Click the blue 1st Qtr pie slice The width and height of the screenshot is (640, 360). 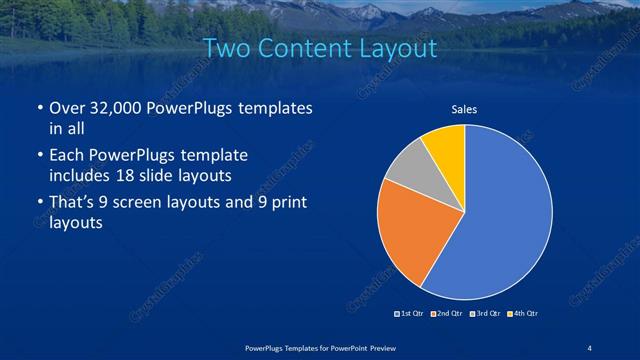pos(505,215)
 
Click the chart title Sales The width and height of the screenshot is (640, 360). pos(464,110)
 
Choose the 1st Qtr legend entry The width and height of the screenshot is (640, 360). pos(410,314)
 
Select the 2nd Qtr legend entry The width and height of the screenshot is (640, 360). pos(446,314)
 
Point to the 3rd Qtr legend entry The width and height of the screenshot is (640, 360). pos(484,314)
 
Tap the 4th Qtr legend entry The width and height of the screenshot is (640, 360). pos(521,314)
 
